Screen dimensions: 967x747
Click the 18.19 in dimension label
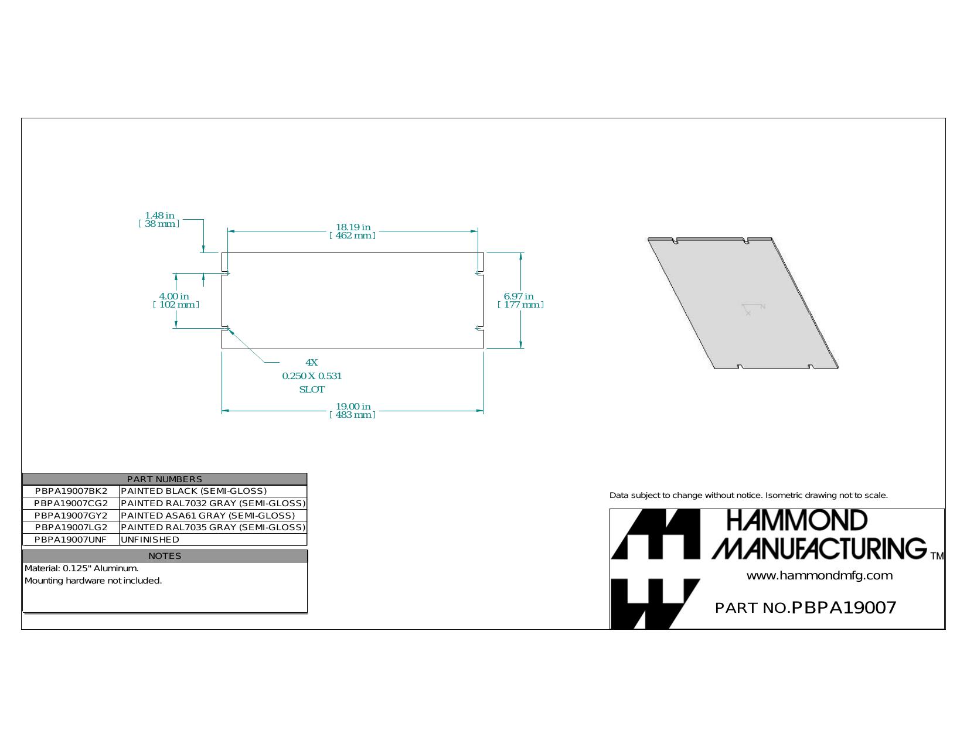coord(353,231)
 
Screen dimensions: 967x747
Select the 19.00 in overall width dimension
coord(353,411)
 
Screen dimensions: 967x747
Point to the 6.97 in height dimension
coord(520,301)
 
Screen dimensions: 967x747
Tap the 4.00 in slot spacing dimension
coord(176,301)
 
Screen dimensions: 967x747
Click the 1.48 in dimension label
coord(159,219)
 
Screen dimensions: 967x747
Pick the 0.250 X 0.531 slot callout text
coord(312,376)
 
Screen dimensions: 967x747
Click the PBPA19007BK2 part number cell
coord(71,491)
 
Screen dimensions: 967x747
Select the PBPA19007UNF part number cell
coord(71,540)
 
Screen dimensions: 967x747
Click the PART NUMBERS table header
coord(165,479)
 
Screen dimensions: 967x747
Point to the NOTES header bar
coord(165,556)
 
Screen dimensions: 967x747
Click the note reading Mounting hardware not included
coord(93,581)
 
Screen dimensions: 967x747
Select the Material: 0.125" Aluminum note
coord(81,568)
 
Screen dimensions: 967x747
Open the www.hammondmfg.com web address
coord(819,576)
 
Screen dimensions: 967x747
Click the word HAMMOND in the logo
coord(797,520)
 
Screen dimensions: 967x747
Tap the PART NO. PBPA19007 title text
coord(805,608)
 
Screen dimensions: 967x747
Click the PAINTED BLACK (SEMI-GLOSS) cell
coord(193,491)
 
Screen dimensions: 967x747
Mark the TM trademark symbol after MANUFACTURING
coord(937,555)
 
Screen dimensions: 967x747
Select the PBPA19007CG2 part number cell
coord(71,504)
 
